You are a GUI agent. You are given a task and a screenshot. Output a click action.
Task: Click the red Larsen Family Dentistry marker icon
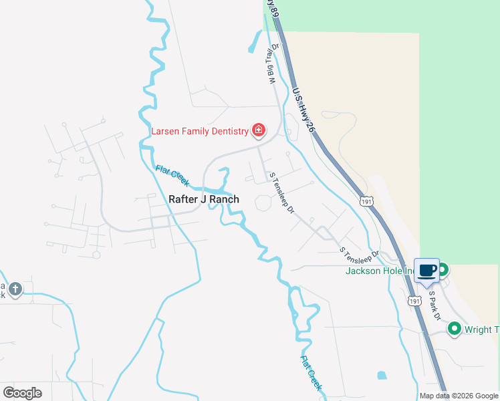coord(257,130)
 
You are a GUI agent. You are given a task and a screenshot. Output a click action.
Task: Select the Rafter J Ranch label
coord(203,199)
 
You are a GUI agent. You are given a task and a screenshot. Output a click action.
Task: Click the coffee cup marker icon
coord(426,271)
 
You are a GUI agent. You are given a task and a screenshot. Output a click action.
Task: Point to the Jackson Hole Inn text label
coord(378,271)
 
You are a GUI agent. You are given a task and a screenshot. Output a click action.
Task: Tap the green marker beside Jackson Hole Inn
coord(441,271)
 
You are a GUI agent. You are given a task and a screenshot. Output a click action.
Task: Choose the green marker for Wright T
coord(455,329)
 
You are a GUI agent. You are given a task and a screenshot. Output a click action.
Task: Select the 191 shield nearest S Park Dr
coord(414,301)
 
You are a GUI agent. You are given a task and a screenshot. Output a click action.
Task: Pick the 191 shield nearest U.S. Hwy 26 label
coord(365,201)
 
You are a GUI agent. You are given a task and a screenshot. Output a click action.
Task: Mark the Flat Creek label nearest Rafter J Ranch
coord(172,175)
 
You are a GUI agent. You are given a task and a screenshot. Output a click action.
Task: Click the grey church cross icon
coord(15,289)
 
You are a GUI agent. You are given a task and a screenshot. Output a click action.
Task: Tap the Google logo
coord(23,392)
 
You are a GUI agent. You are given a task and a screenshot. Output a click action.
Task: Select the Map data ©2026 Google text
coord(459,396)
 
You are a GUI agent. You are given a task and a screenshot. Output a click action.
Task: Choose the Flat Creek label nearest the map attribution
coord(311,373)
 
